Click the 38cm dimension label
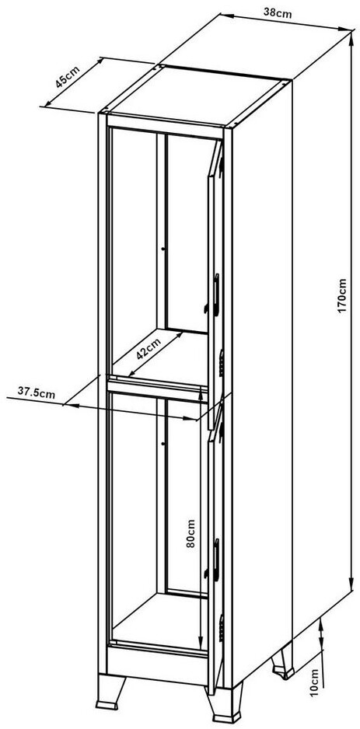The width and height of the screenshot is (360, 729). pyautogui.click(x=278, y=13)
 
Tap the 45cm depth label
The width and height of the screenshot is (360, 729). pyautogui.click(x=68, y=77)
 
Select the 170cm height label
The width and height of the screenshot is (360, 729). pyautogui.click(x=343, y=295)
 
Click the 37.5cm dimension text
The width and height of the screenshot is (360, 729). pyautogui.click(x=37, y=392)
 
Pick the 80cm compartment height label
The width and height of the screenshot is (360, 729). pyautogui.click(x=190, y=533)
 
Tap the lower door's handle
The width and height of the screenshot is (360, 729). pyautogui.click(x=216, y=560)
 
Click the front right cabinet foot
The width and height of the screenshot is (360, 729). pyautogui.click(x=225, y=704)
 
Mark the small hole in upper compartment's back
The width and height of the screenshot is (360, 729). pyautogui.click(x=163, y=249)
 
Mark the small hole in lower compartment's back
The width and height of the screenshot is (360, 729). pyautogui.click(x=163, y=444)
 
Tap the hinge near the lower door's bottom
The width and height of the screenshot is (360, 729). pyautogui.click(x=222, y=629)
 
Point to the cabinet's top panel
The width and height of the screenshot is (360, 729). pyautogui.click(x=196, y=96)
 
